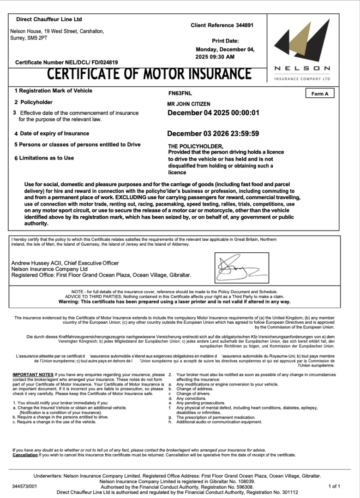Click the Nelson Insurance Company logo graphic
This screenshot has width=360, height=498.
coord(303,43)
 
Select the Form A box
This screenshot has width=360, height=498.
coord(320,94)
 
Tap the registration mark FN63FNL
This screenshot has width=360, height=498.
coord(180,93)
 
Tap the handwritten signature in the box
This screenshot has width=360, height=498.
coord(240,267)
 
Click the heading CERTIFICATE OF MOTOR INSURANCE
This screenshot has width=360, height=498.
coord(150,74)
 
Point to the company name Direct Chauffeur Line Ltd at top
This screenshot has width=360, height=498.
coord(49,19)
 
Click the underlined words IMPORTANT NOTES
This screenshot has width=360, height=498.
coord(33,375)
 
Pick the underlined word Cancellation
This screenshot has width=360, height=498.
coord(25,455)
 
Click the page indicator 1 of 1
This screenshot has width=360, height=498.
coord(334,486)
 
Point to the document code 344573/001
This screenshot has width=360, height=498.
coord(25,486)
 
